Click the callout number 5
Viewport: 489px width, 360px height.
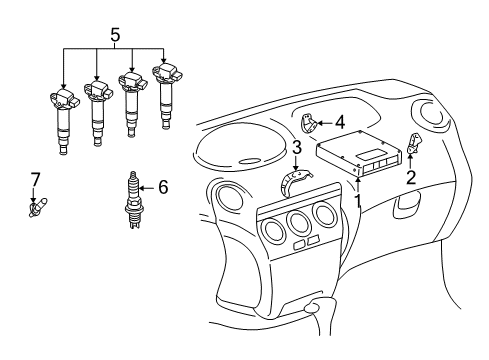[113, 36]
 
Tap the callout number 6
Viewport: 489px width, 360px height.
[164, 186]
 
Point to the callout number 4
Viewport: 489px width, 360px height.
[340, 122]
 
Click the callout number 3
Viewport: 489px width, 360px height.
[297, 149]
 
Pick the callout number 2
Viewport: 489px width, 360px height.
[409, 178]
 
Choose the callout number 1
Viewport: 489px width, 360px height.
[356, 199]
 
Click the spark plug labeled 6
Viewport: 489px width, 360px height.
[133, 200]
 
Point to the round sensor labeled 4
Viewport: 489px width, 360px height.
[311, 125]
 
